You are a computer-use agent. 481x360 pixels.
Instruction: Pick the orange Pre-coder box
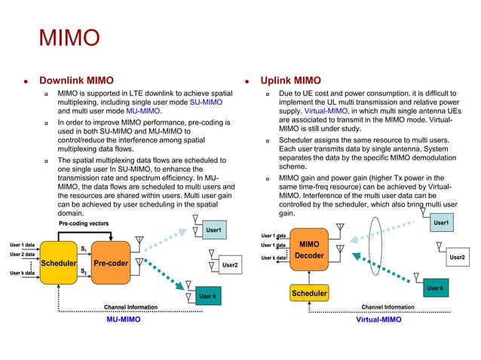click(x=110, y=264)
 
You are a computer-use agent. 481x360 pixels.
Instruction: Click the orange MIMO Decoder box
click(x=310, y=251)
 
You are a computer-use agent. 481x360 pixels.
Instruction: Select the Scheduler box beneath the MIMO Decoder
click(x=310, y=293)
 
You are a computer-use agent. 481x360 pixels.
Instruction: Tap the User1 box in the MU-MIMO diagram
click(x=213, y=229)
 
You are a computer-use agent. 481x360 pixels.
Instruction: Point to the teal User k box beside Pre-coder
click(x=207, y=297)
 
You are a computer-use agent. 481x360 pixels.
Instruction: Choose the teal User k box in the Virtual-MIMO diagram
click(x=434, y=288)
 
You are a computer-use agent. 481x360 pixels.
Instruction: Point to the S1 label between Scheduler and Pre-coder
click(x=84, y=249)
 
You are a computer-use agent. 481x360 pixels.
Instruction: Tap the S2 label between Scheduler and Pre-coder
click(x=84, y=270)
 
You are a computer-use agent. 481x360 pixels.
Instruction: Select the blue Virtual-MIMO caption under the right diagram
click(x=378, y=320)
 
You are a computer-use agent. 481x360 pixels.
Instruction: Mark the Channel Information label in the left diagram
click(x=130, y=307)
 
